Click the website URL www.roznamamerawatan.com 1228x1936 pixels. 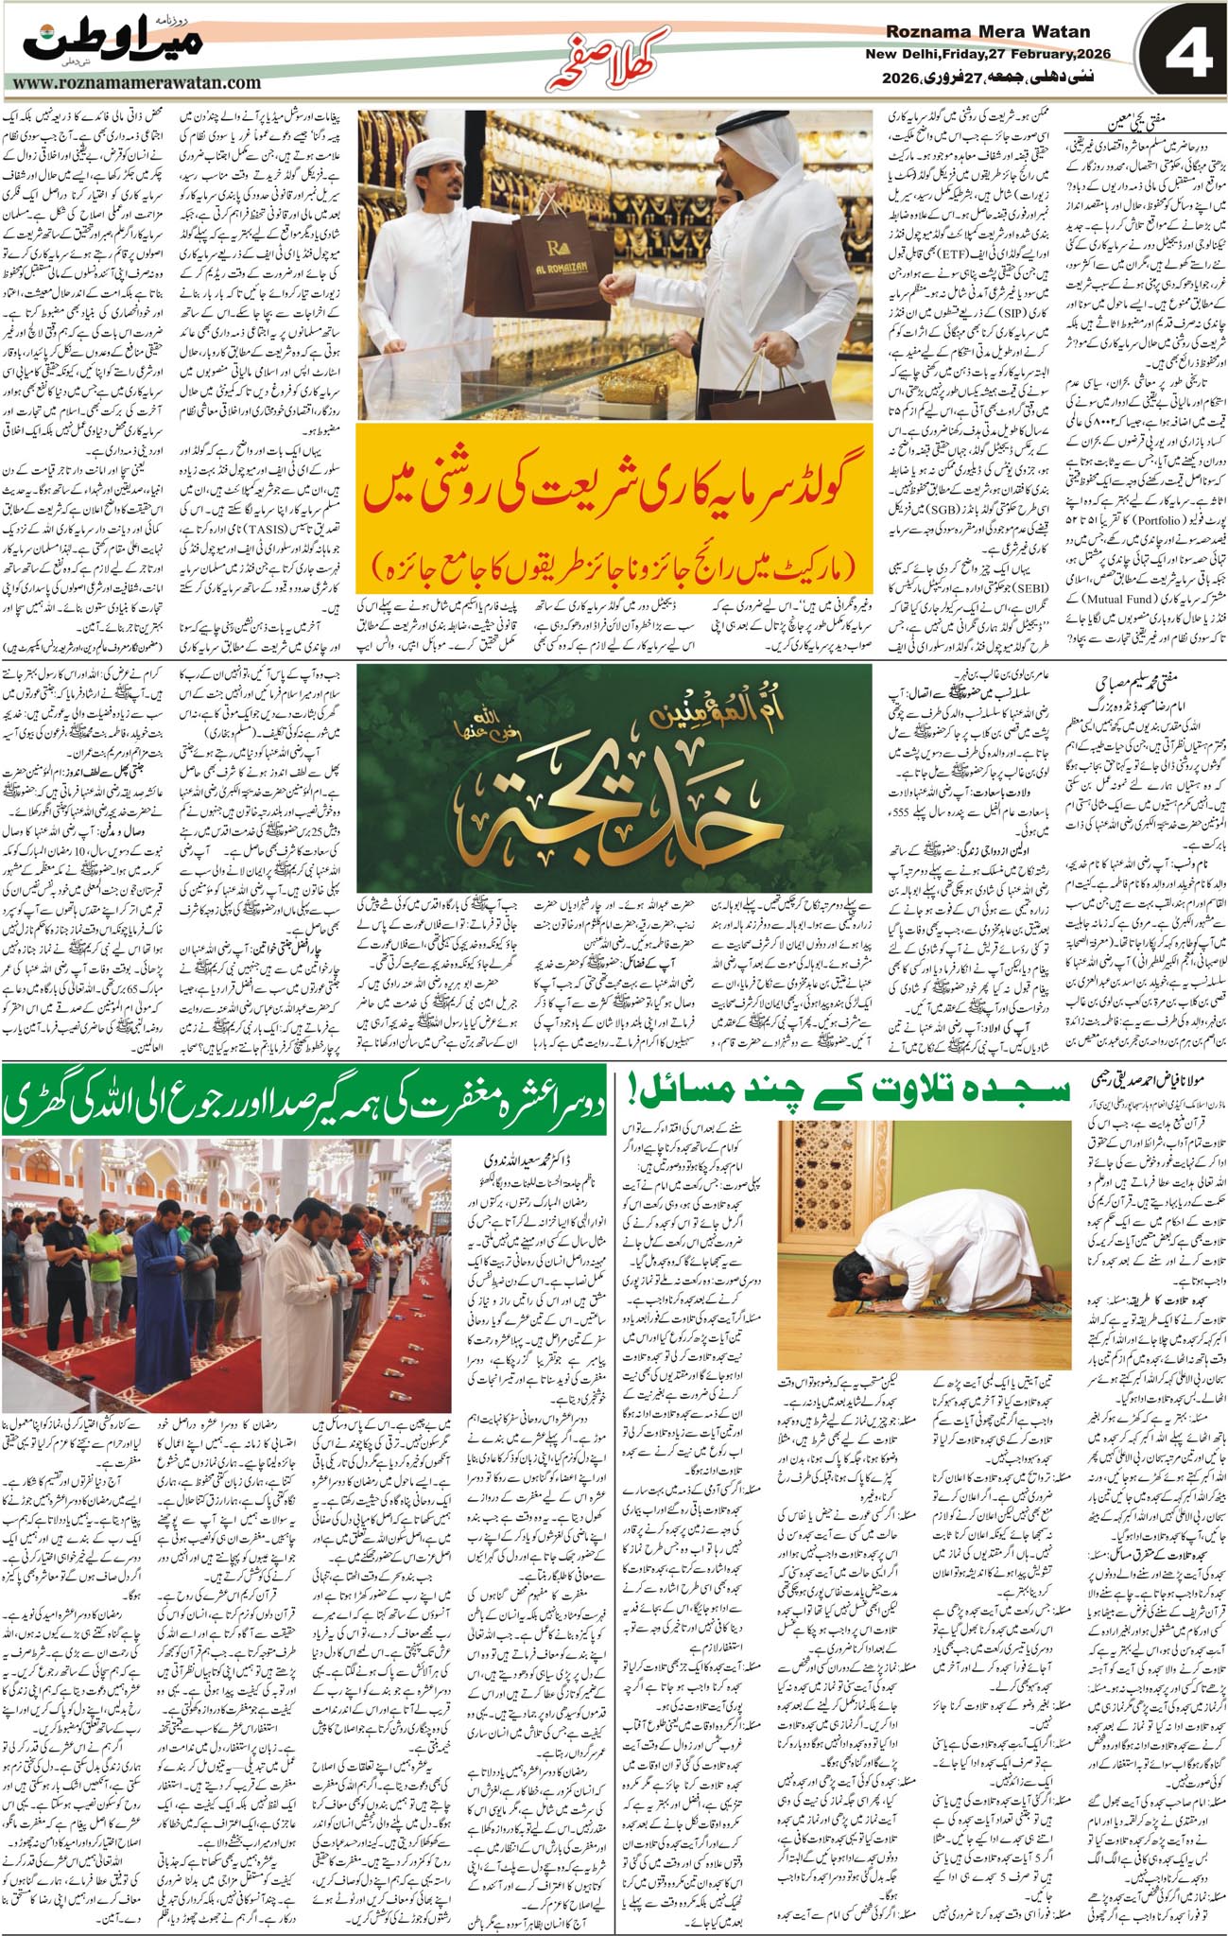(137, 84)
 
